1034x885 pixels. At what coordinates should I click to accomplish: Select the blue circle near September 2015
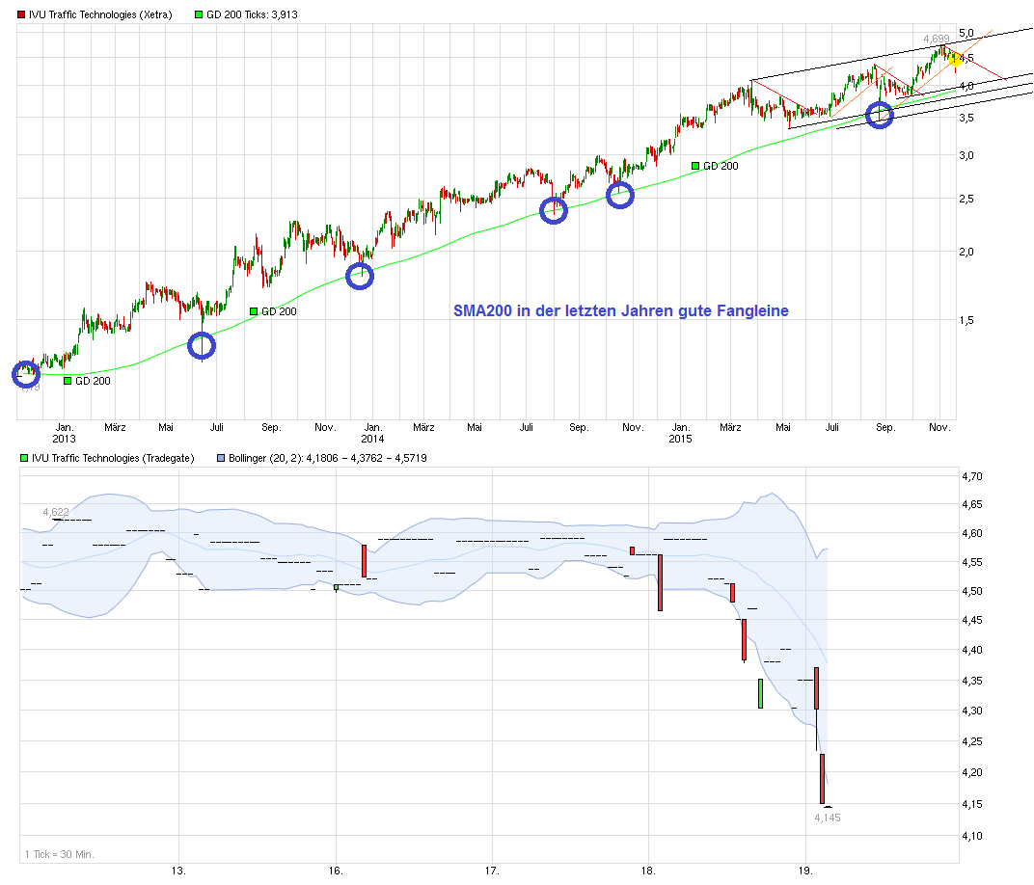pos(880,115)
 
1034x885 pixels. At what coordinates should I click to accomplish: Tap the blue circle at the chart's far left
pos(26,373)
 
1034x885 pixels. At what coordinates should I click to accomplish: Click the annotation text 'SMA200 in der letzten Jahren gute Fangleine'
pos(620,310)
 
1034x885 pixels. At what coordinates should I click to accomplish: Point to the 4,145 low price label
pos(828,818)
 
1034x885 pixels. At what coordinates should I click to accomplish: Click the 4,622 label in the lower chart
pos(55,512)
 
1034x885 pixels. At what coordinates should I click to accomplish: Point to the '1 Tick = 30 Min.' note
pos(59,853)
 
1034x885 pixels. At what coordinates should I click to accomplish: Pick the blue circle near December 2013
pos(359,276)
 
